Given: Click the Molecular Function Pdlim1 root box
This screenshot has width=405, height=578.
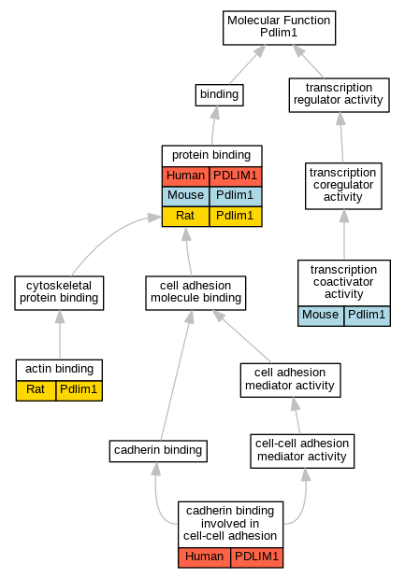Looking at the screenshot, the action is click(x=279, y=28).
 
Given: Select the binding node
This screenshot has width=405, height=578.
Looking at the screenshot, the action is click(x=219, y=95).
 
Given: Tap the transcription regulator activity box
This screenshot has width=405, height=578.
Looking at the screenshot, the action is click(x=339, y=95).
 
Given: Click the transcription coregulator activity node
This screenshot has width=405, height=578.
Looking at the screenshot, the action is click(x=343, y=186).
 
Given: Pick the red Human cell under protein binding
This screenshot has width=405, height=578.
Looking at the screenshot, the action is click(x=186, y=176).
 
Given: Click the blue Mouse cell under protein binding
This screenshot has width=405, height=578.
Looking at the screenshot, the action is click(x=186, y=196).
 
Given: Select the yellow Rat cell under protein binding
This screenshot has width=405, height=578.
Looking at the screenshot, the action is click(x=186, y=217).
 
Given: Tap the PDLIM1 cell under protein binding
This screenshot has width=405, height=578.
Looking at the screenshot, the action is click(x=236, y=176).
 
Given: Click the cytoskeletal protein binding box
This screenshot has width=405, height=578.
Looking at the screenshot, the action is click(x=59, y=293).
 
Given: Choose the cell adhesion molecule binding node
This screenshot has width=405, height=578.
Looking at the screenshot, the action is click(x=195, y=293).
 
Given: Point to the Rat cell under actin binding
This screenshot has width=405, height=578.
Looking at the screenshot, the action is click(x=36, y=390).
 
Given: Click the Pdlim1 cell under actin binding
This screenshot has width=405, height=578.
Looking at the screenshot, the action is click(x=79, y=390).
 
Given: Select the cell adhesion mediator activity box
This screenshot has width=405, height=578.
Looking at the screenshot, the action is click(x=290, y=380).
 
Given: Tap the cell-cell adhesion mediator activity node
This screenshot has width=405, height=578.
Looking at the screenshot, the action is click(x=302, y=451).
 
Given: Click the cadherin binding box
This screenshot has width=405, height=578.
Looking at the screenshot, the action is click(x=158, y=451).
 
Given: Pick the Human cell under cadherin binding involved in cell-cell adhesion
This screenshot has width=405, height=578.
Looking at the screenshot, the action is click(x=205, y=557).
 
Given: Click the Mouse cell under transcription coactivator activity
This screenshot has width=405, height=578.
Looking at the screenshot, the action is click(x=321, y=316).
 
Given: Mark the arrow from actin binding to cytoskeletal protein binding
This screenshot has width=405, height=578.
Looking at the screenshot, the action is click(x=60, y=334).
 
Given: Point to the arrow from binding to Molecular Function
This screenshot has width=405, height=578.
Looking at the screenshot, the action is click(x=247, y=64).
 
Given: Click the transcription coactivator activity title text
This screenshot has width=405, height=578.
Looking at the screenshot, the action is click(x=343, y=282).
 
